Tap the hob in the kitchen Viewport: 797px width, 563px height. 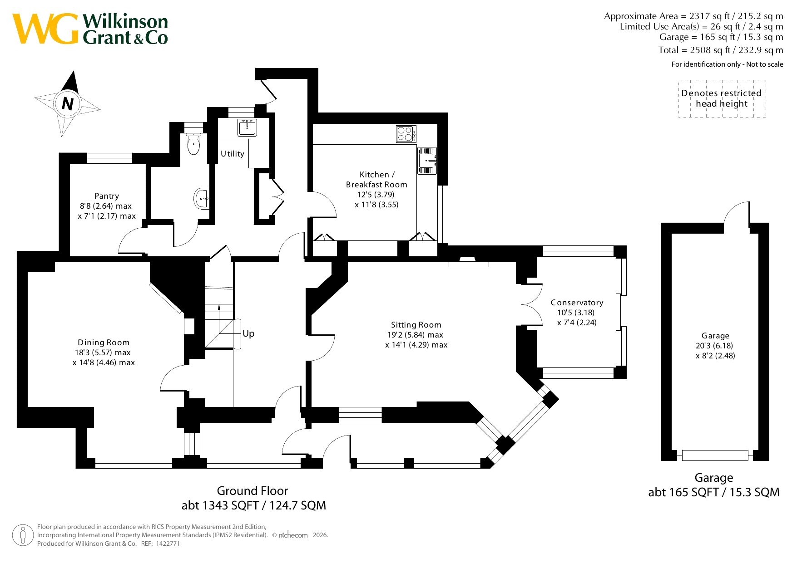(406, 134)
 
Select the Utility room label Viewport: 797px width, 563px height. (233, 154)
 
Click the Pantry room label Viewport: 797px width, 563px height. (107, 196)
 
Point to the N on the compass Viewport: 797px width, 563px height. (68, 104)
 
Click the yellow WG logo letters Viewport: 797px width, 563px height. (45, 29)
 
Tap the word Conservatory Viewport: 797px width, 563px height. (577, 303)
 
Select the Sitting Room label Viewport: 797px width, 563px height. (416, 325)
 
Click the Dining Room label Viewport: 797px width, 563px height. (104, 343)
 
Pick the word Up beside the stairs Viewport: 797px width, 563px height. (248, 334)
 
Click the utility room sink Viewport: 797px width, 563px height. (247, 127)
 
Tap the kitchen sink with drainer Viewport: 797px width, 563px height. (427, 161)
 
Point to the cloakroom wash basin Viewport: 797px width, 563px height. (202, 198)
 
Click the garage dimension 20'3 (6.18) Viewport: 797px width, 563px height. (715, 346)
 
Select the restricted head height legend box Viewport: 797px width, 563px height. (722, 98)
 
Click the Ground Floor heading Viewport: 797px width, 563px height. (252, 491)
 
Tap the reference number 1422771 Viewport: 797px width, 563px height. (167, 543)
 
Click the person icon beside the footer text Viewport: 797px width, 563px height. (23, 535)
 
